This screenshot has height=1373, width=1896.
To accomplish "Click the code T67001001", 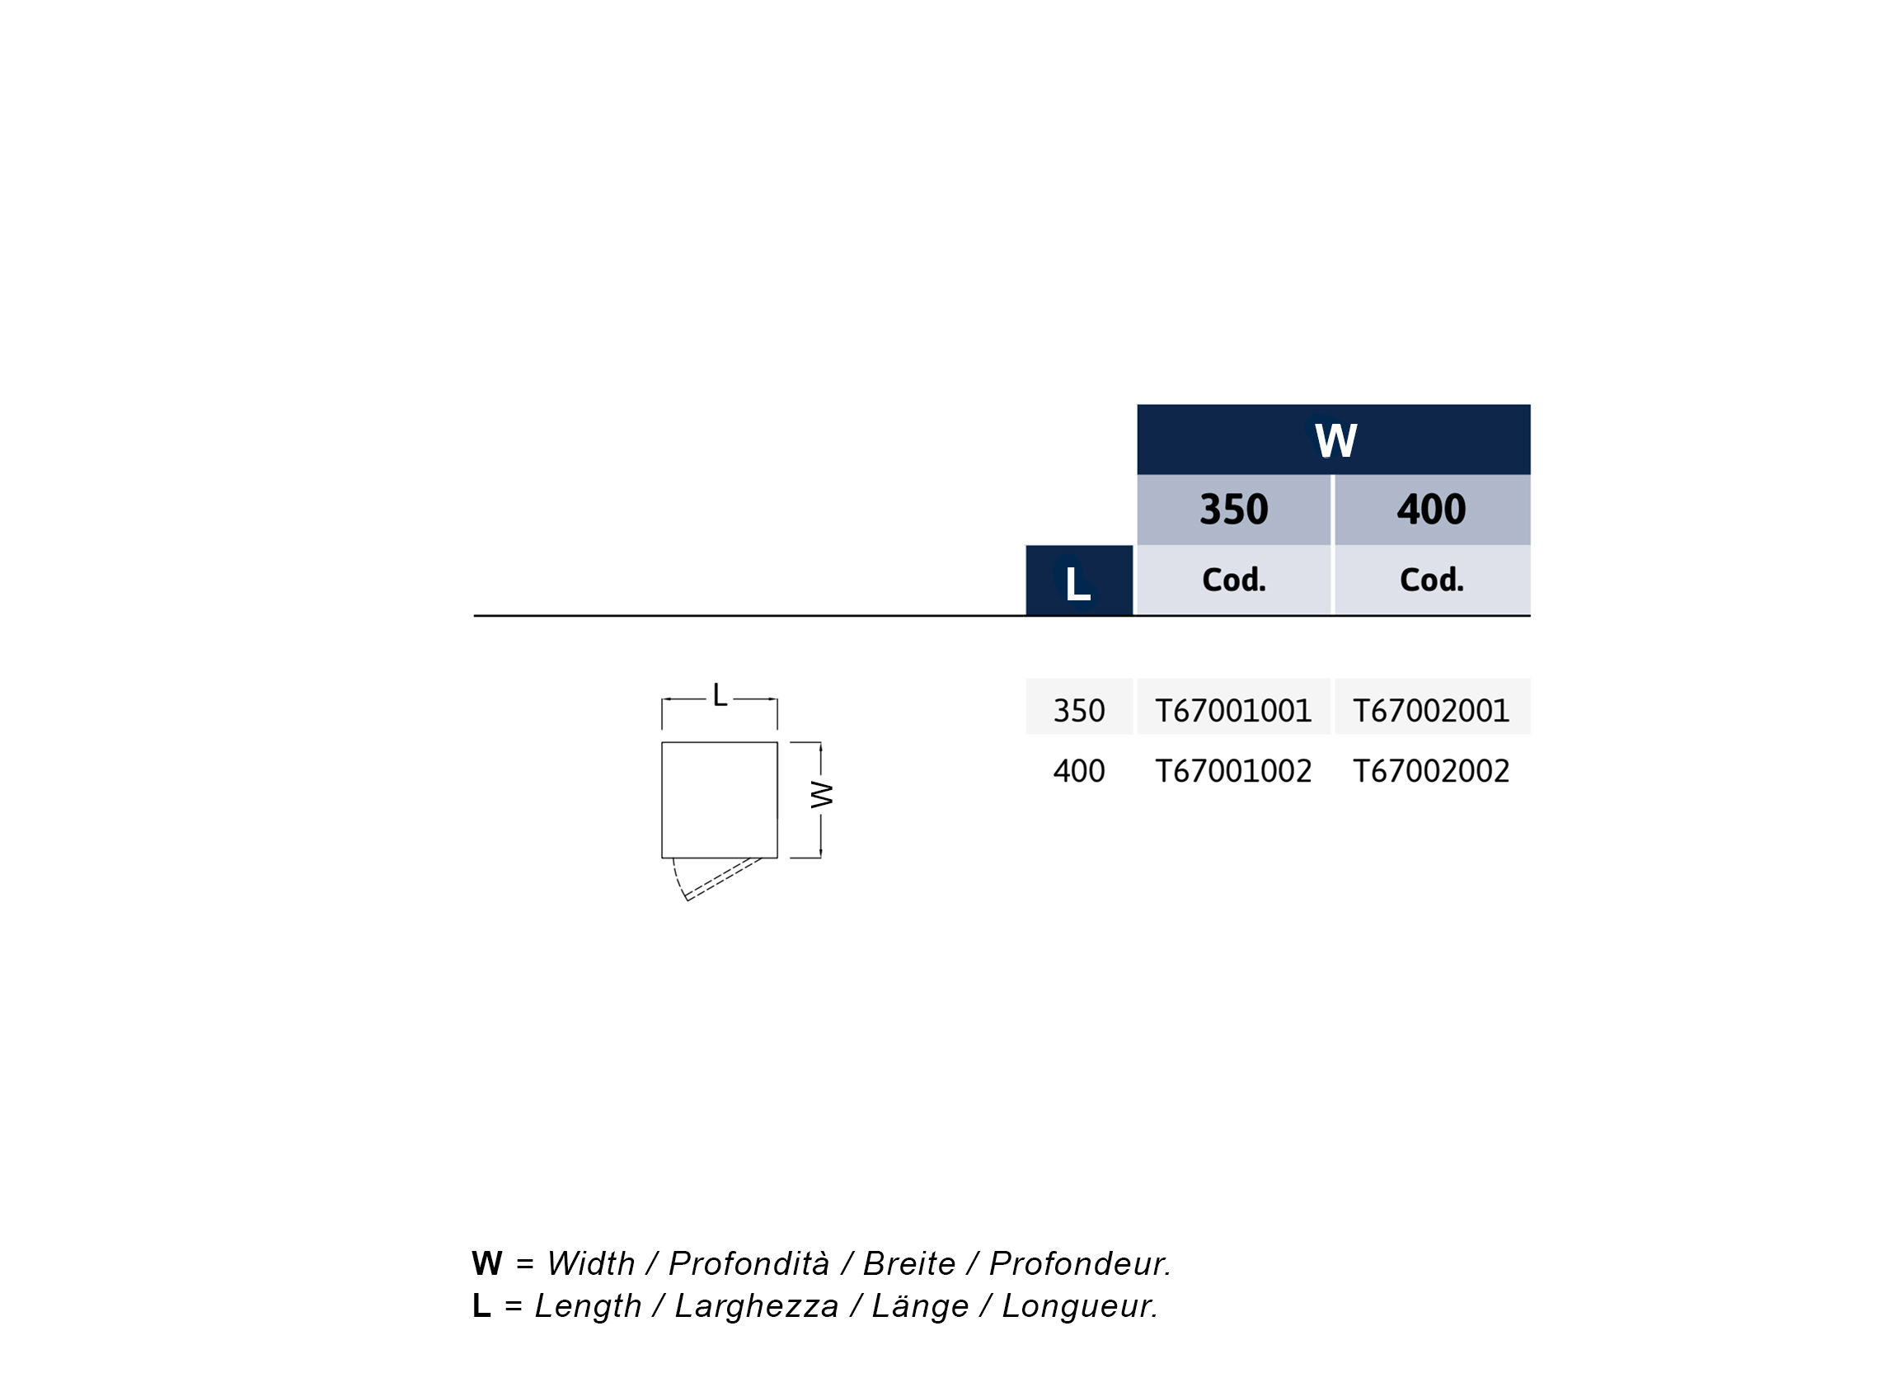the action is pyautogui.click(x=1234, y=711).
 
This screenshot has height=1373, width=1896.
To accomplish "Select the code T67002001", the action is pyautogui.click(x=1431, y=711).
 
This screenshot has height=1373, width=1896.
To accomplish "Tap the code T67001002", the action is pyautogui.click(x=1234, y=771).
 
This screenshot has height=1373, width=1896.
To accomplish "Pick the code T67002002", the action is pyautogui.click(x=1431, y=771).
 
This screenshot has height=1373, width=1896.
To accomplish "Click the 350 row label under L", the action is pyautogui.click(x=1079, y=711).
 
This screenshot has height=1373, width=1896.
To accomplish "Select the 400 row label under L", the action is pyautogui.click(x=1079, y=771).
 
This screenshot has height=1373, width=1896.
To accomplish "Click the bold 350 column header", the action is pyautogui.click(x=1234, y=510).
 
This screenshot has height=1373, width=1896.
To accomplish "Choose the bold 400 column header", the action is pyautogui.click(x=1431, y=510).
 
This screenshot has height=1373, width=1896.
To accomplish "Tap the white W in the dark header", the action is pyautogui.click(x=1336, y=440).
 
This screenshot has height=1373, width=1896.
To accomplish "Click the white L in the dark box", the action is pyautogui.click(x=1078, y=584).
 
